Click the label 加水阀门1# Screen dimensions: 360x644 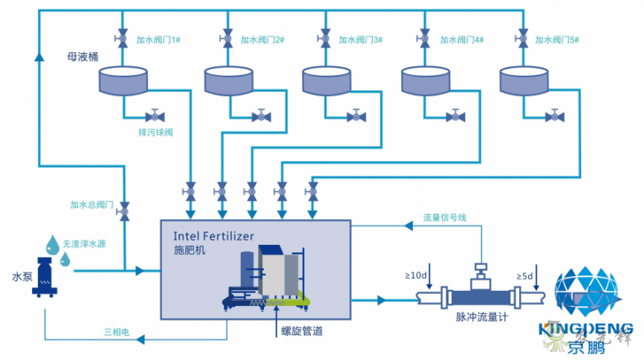coord(159,39)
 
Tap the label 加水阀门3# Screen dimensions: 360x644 coord(360,39)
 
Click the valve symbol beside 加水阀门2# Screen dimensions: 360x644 coord(224,38)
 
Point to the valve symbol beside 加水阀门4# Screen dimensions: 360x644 coord(424,38)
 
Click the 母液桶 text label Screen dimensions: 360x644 coord(82,57)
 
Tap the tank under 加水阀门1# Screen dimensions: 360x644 coord(123,81)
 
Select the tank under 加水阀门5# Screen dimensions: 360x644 coord(525,81)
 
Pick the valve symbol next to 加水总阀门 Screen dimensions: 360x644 coord(124,213)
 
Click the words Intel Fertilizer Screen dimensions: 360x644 coord(213,236)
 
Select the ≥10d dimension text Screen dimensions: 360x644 coord(417,276)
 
